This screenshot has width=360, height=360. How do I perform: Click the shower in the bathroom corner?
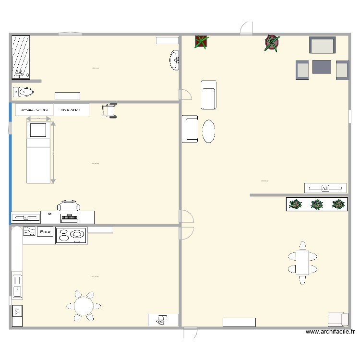coord(21,57)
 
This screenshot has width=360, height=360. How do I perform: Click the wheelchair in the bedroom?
coord(109,110)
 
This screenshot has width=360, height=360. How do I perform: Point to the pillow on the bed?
coord(38,130)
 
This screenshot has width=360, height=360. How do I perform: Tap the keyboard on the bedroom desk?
coord(69,218)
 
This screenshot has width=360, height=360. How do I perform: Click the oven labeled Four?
coord(45,232)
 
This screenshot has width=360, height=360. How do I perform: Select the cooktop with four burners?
coord(72,235)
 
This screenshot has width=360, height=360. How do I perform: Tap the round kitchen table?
coord(84,306)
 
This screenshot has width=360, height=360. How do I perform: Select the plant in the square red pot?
coord(201,42)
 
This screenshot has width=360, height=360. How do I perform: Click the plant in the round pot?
coord(272,43)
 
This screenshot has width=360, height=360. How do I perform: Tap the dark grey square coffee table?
coord(322,67)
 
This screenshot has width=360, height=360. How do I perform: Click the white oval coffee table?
coord(208,131)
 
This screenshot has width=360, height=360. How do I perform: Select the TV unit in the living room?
coord(325,188)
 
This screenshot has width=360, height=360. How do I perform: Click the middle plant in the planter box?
coord(317,204)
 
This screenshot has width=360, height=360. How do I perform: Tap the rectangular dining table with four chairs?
coord(302,263)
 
